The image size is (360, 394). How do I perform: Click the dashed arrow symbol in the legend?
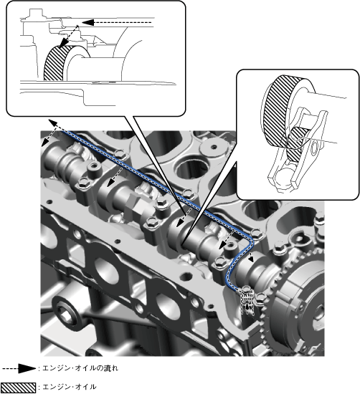coord(19,369)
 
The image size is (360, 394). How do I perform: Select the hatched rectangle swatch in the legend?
coord(18,388)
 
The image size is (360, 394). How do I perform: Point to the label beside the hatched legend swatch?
coord(69,387)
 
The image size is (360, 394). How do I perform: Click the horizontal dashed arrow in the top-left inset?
coord(117,23)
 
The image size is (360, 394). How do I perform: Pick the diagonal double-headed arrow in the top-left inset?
coord(69,35)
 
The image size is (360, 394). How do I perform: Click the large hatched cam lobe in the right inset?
coord(278,110)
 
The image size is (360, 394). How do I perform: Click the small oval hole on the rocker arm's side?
coord(315,148)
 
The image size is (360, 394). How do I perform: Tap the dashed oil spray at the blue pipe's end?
coord(248,302)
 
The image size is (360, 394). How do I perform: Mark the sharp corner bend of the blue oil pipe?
coord(252,241)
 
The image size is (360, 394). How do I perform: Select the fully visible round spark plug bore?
coord(191,169)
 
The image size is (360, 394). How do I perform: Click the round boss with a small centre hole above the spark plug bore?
coord(214,146)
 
